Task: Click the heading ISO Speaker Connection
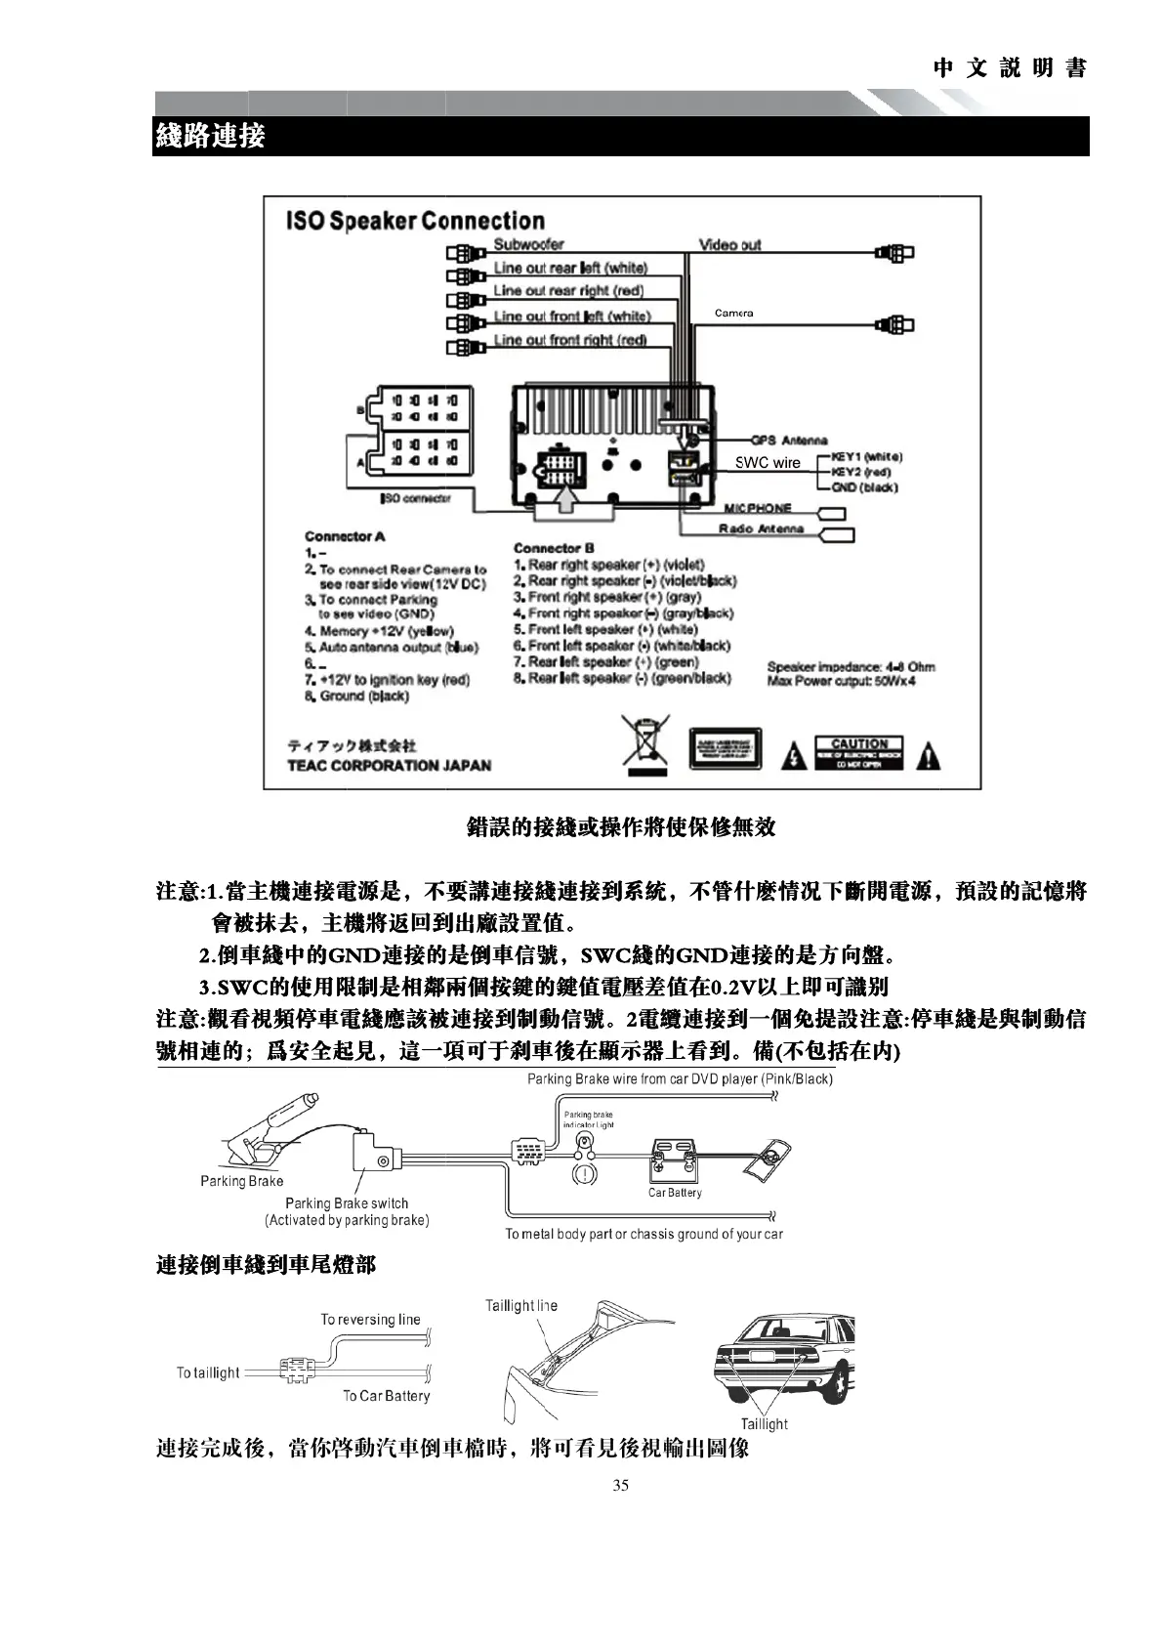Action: click(415, 221)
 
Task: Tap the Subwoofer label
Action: click(528, 244)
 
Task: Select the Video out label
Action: click(729, 244)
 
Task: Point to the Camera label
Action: click(733, 313)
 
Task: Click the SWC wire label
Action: click(768, 463)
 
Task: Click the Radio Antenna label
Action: click(762, 529)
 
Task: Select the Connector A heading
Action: click(345, 536)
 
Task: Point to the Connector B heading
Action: click(554, 549)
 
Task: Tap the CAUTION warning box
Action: click(859, 753)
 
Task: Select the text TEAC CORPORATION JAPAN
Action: click(389, 766)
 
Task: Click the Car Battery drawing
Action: click(675, 1160)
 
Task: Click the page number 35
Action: click(620, 1486)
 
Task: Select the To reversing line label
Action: click(370, 1320)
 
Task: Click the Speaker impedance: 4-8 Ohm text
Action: click(851, 667)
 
